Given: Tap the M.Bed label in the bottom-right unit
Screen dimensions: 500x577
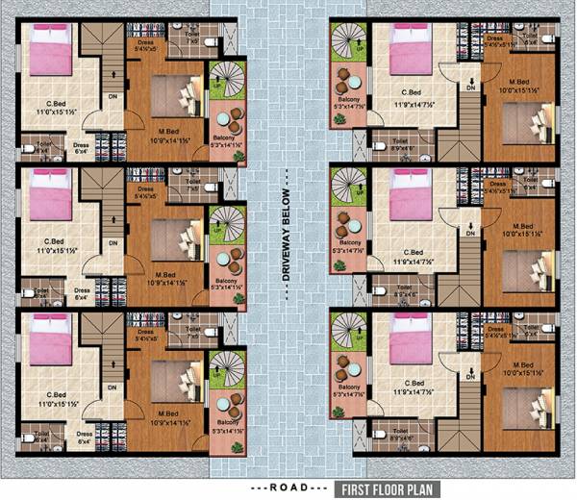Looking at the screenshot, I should (x=524, y=364).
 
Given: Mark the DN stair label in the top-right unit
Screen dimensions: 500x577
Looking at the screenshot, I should (x=471, y=87).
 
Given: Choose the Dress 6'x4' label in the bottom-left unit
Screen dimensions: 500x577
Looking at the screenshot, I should (x=83, y=437).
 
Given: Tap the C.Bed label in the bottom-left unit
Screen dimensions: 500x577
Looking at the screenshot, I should (x=56, y=395).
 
